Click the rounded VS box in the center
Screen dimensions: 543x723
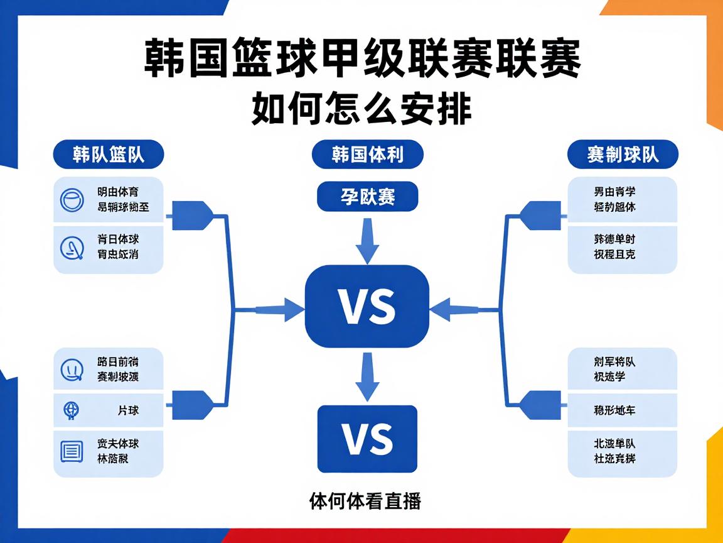(367, 307)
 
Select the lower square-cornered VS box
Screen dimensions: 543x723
(367, 439)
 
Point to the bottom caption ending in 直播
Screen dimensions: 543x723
(365, 502)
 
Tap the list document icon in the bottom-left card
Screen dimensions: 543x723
(71, 451)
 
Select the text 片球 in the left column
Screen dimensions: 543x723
(128, 410)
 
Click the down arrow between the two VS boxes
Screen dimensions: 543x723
(367, 376)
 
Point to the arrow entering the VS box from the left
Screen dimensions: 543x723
(276, 309)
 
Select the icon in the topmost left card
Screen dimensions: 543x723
(71, 200)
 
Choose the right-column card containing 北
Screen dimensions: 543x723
(623, 451)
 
